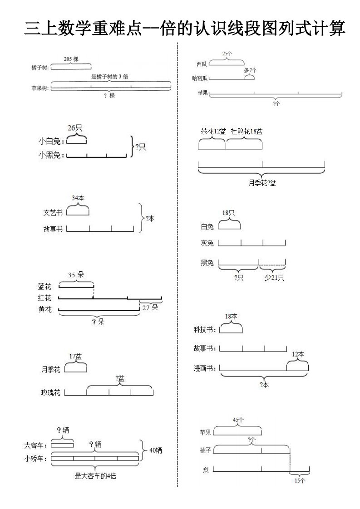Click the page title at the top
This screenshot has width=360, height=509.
coord(184,28)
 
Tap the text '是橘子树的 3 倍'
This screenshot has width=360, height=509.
coord(109,77)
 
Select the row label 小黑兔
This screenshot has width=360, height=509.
coord(51,155)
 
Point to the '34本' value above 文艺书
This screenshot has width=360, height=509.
coord(78,198)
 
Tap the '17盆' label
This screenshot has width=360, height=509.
coord(75,356)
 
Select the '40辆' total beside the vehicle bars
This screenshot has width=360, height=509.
coord(155,450)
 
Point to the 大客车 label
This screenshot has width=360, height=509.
coord(37,445)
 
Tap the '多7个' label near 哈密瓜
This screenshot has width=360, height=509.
coord(250,70)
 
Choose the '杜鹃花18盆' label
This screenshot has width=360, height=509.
coord(246,132)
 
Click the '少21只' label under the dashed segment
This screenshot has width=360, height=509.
coord(274,278)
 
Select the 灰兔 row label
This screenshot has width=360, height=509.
coord(207,244)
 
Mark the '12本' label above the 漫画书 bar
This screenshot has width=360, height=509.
coord(298,354)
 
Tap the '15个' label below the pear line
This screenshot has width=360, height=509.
coord(300,480)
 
